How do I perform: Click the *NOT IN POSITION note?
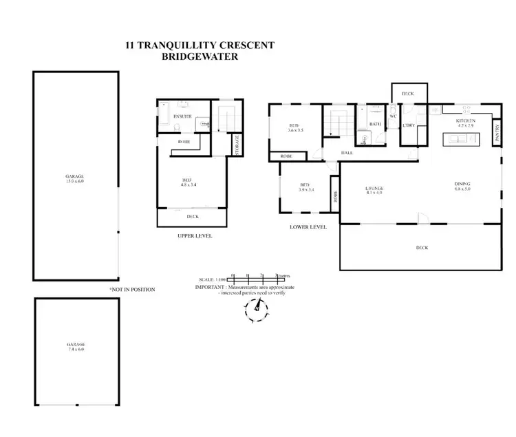click(132, 290)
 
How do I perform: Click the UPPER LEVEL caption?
click(195, 236)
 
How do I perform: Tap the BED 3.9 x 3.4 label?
click(307, 187)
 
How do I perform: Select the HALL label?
click(347, 153)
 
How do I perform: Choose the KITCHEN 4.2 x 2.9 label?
click(466, 124)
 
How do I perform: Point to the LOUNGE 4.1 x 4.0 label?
click(374, 191)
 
